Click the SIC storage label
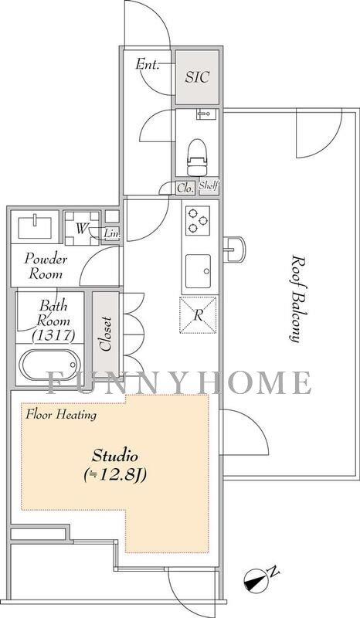pos(197,76)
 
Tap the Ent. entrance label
pos(148,64)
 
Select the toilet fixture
pos(197,158)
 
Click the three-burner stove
pos(198,221)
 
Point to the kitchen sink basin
pos(198,271)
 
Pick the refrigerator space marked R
pos(198,315)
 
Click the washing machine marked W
pos(82,228)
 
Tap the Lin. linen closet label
pos(111,234)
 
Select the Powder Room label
pos(46,267)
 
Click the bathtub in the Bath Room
pos(49,365)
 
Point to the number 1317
pos(54,335)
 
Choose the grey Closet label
pos(105,334)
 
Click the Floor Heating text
pos(61,415)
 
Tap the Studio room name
pos(115,457)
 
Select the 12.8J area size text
pos(115,475)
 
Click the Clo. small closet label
pos(185,188)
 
